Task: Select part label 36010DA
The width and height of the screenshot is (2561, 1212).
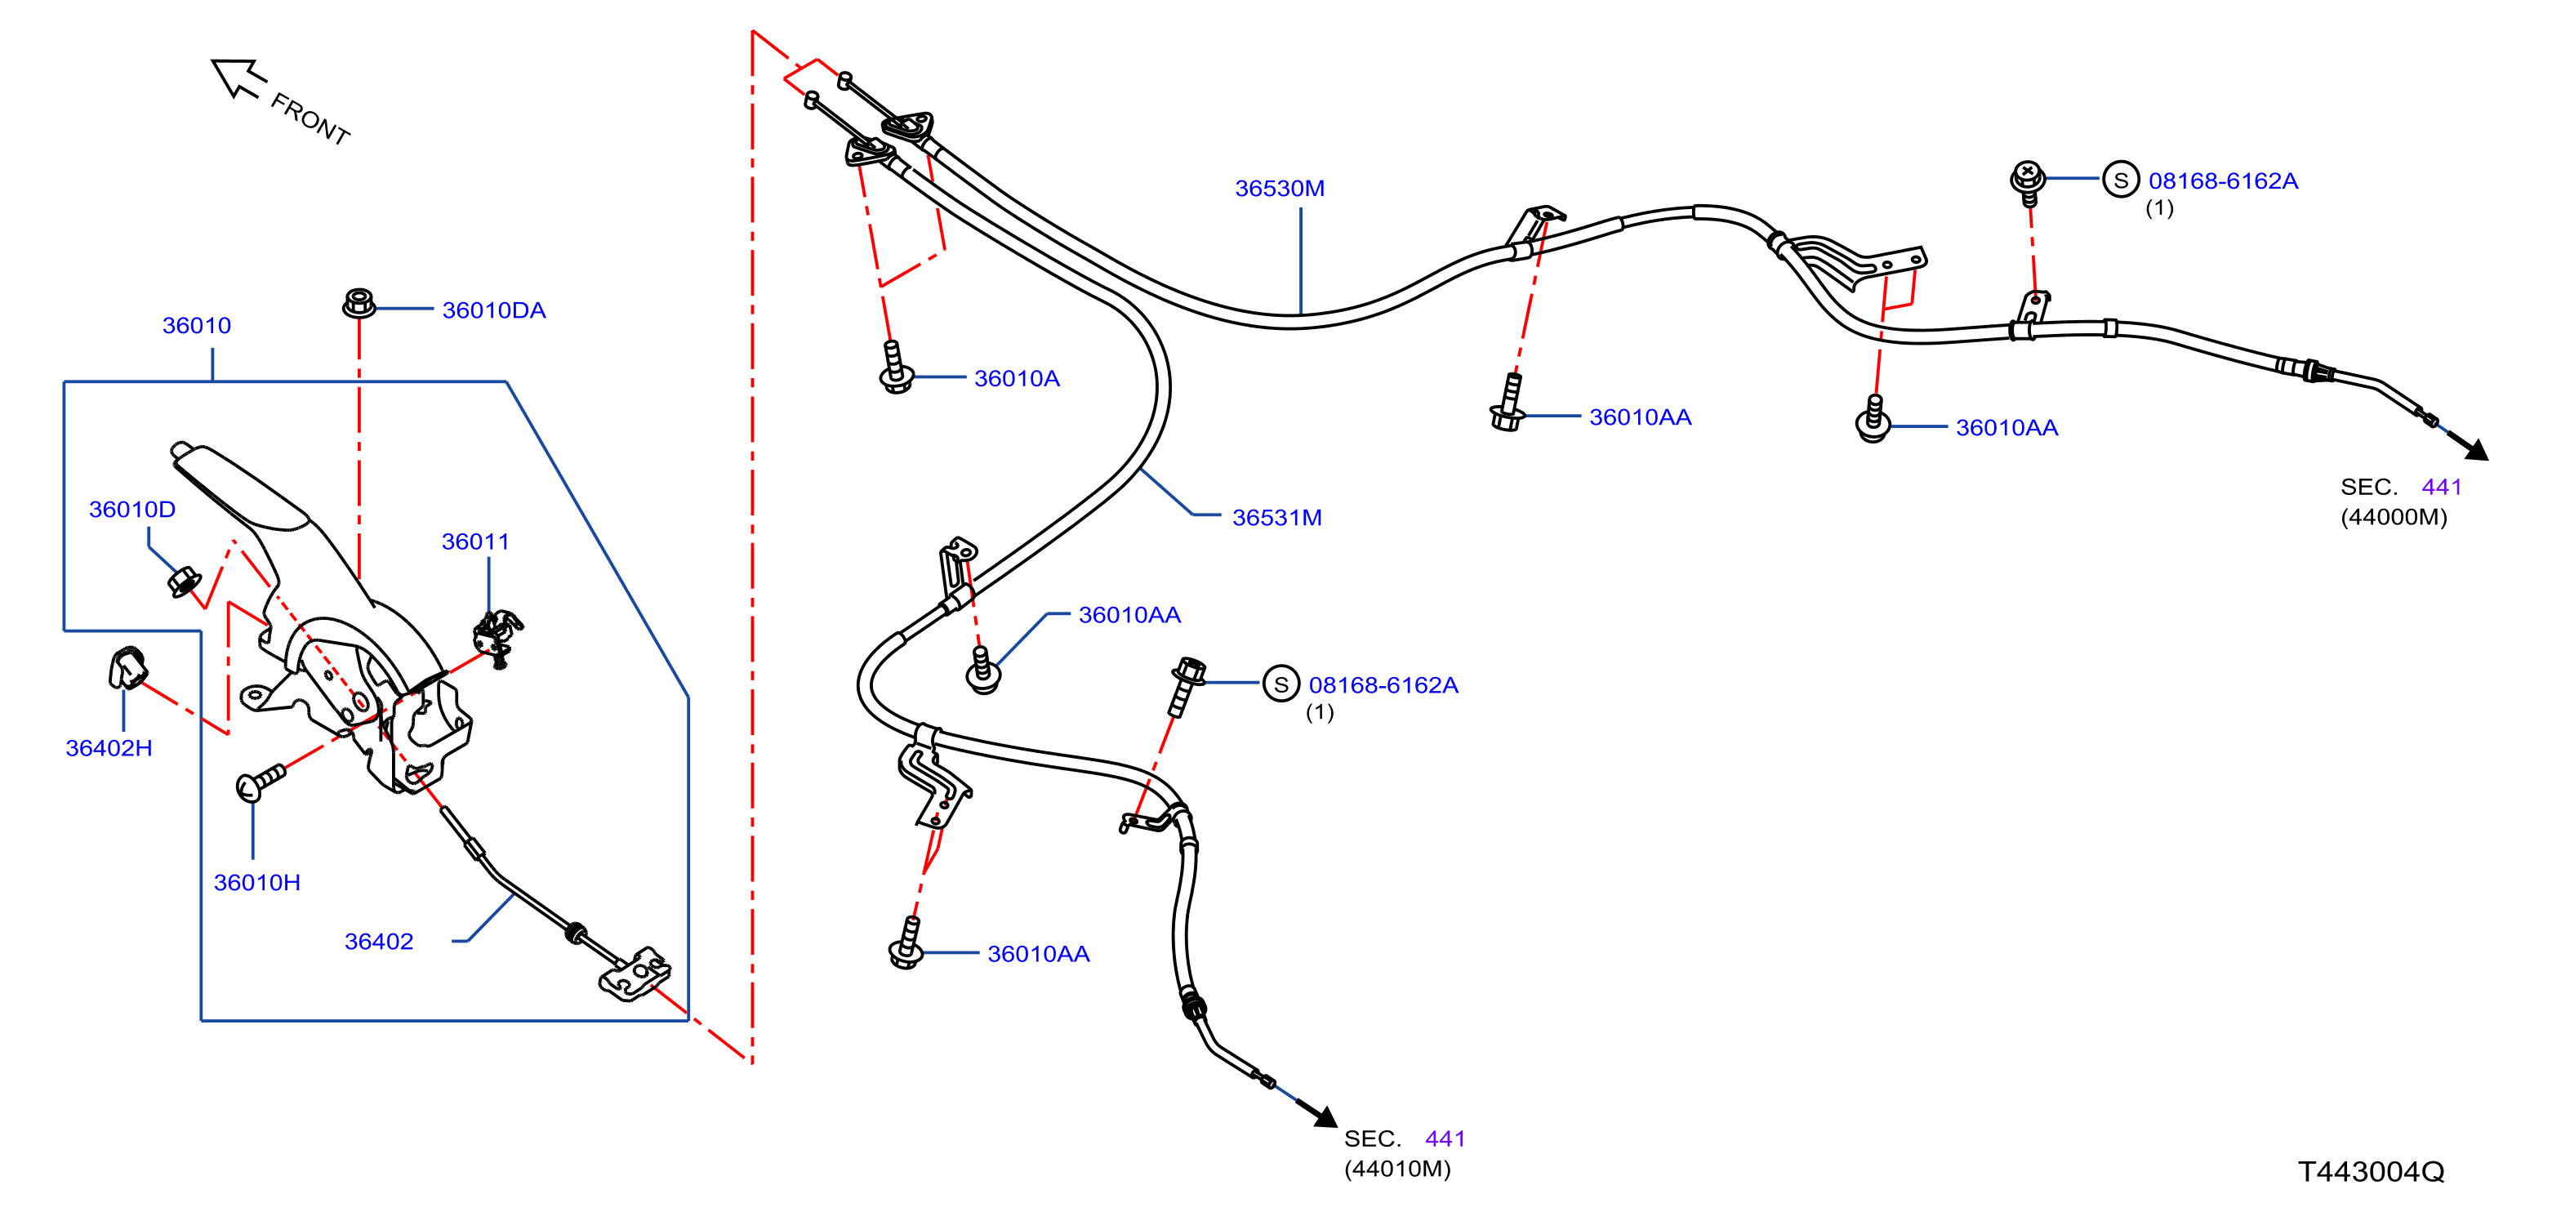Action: (494, 310)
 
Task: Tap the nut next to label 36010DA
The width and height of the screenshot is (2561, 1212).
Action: (359, 302)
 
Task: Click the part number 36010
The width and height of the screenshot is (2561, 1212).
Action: (197, 325)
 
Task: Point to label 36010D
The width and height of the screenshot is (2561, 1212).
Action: (132, 509)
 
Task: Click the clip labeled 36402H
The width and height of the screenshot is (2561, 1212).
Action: (127, 667)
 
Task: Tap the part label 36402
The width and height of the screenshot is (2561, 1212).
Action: (379, 942)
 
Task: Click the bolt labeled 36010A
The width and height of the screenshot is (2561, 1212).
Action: (896, 368)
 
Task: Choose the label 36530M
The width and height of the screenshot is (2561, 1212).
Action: (1280, 188)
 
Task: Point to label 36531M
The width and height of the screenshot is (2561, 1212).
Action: (1276, 517)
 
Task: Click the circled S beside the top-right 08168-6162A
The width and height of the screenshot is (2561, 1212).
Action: (2121, 180)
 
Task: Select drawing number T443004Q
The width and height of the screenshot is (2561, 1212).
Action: (2371, 1171)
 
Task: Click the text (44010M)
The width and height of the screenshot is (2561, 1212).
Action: (1398, 1168)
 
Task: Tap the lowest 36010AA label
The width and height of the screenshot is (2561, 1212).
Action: (1039, 953)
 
